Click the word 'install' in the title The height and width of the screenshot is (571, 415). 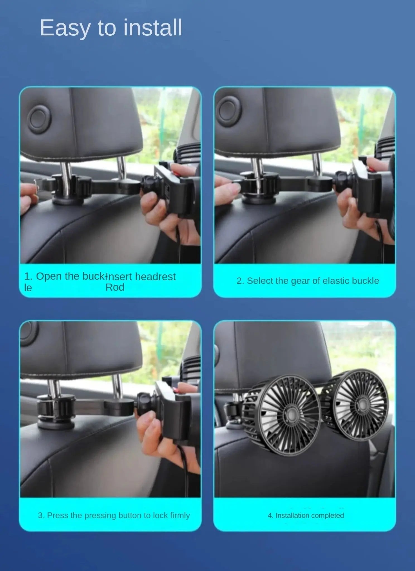pos(153,28)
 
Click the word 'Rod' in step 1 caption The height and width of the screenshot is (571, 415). pos(115,287)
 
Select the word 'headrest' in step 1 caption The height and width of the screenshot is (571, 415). pos(155,277)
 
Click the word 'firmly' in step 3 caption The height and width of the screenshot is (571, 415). pos(180,515)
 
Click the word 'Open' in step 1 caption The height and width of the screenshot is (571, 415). pos(49,276)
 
